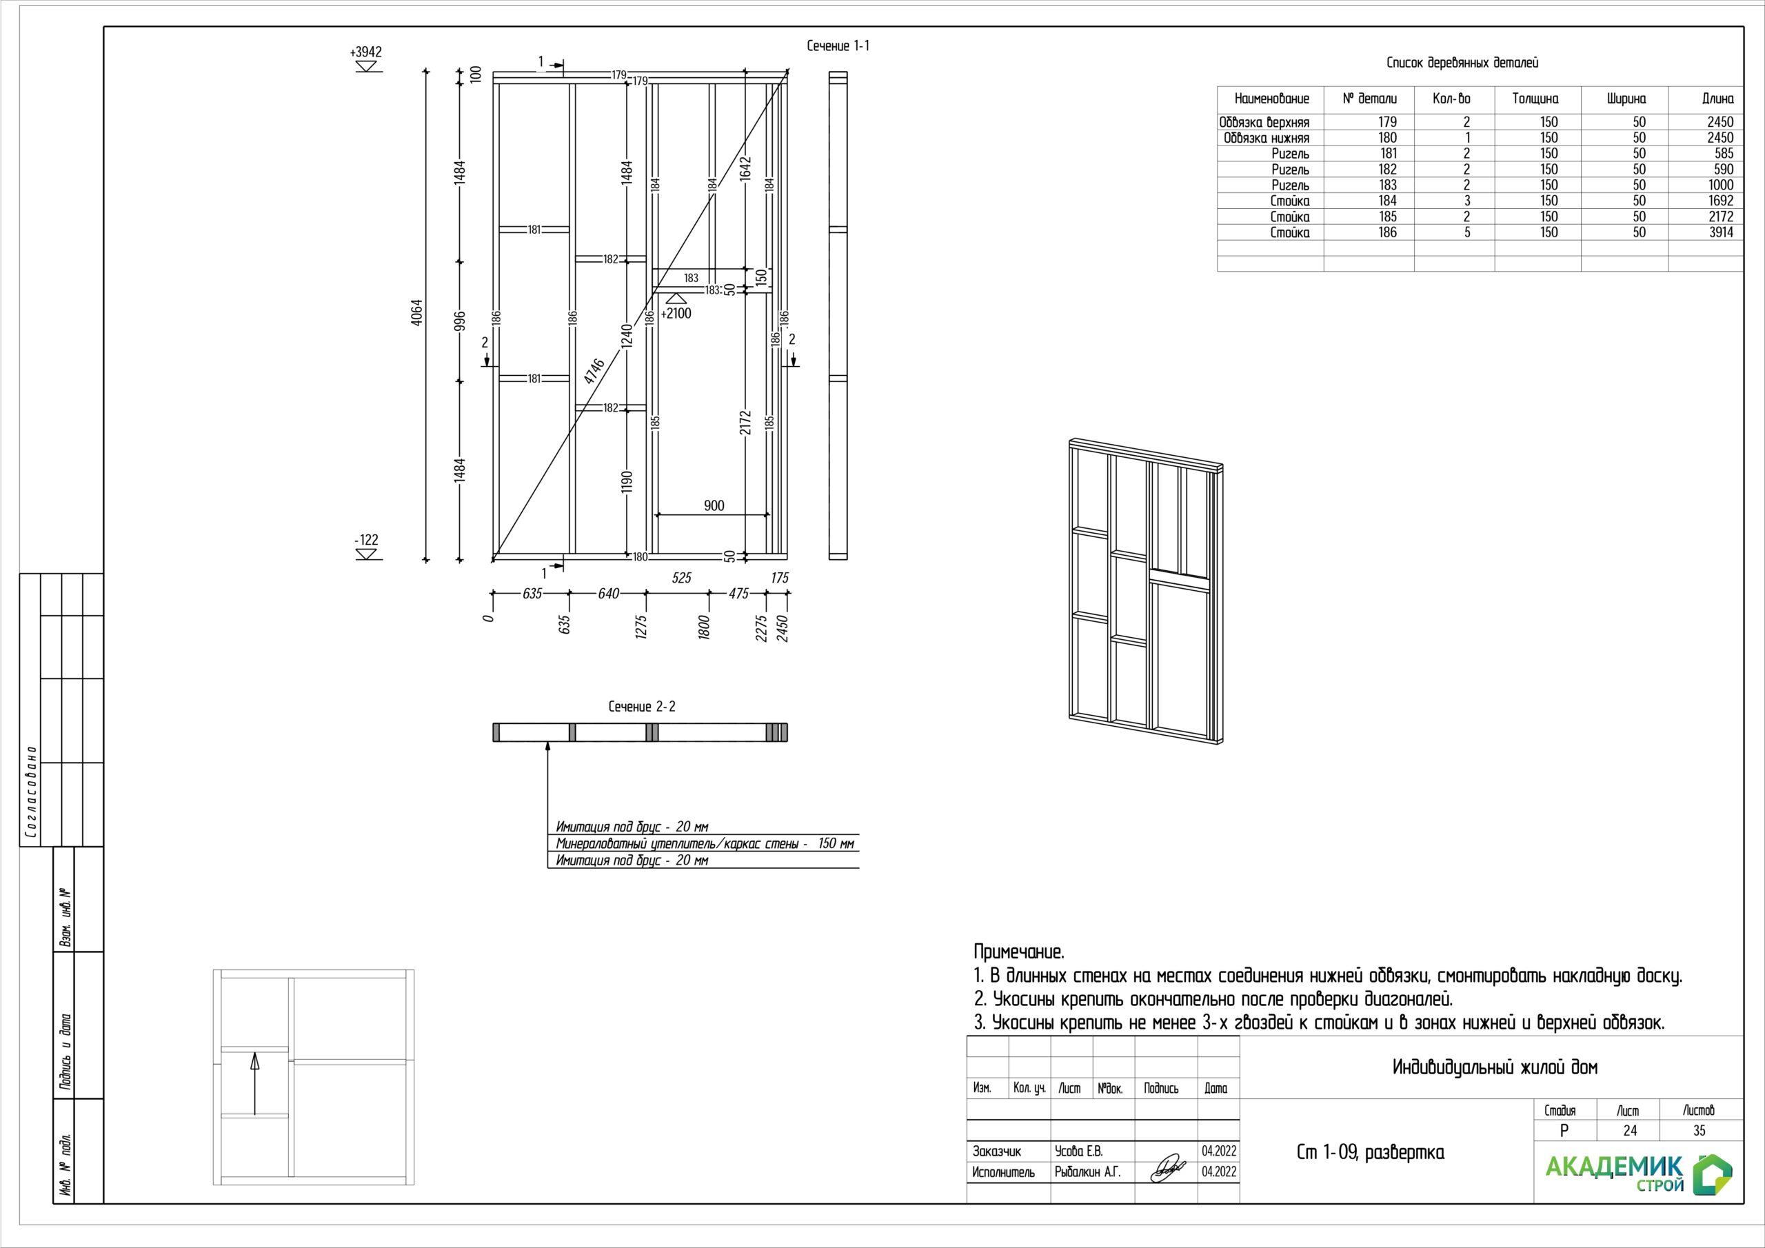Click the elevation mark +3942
point(366,52)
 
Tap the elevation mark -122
point(367,541)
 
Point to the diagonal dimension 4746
point(594,372)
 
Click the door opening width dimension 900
point(714,505)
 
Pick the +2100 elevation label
point(676,313)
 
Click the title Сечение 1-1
point(838,46)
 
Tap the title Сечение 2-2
point(642,707)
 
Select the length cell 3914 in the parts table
point(1720,232)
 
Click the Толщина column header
point(1535,99)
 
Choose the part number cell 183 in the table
point(1388,185)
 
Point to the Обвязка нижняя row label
point(1266,139)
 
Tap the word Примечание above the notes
point(1018,952)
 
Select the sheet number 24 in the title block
point(1630,1130)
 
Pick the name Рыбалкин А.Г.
point(1088,1172)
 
